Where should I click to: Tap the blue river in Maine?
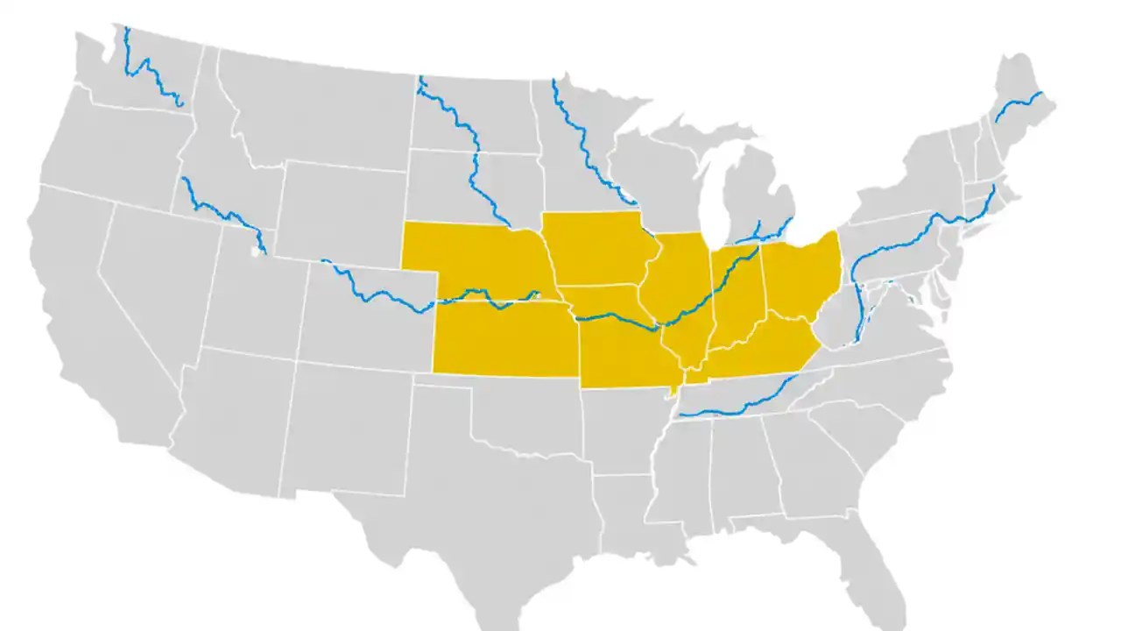tap(1016, 105)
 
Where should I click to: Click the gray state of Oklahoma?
tap(534, 412)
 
